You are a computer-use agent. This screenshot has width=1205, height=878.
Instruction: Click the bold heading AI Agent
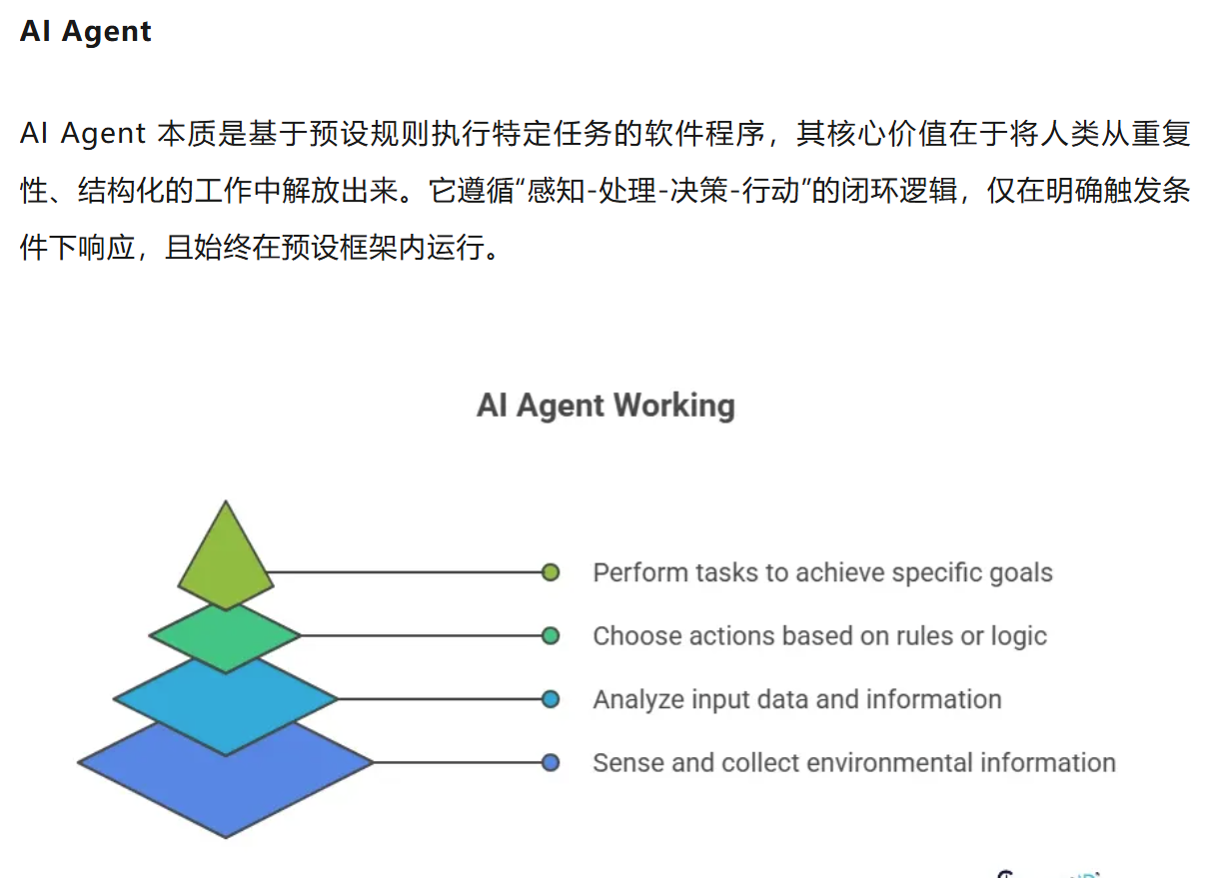click(x=86, y=31)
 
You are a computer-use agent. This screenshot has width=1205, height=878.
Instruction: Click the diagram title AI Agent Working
click(x=605, y=406)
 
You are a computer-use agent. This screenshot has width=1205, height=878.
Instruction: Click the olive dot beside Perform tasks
click(x=550, y=572)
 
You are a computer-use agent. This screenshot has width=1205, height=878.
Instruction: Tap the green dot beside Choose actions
click(x=550, y=635)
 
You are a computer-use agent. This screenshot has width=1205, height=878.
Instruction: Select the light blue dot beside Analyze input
click(x=550, y=699)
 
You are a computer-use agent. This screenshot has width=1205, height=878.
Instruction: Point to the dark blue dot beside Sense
click(x=550, y=763)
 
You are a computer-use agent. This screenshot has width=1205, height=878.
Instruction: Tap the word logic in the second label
click(x=1018, y=636)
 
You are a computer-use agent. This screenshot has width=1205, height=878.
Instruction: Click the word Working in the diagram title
click(x=674, y=406)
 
